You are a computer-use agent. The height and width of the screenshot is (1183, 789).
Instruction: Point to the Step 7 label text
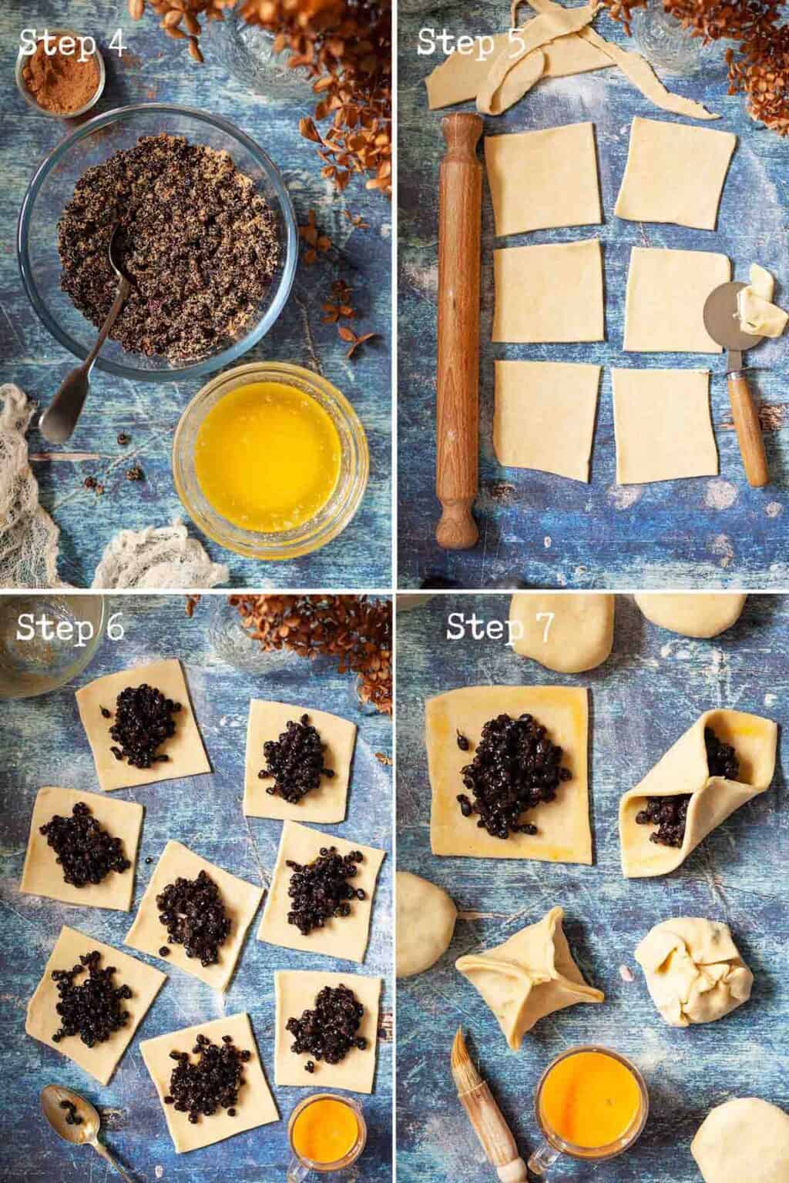tap(499, 627)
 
